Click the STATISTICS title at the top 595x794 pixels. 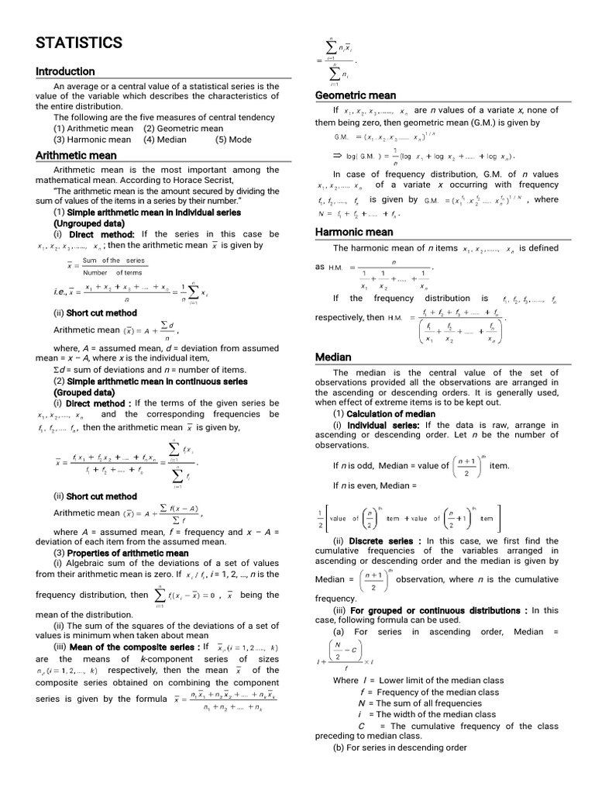79,42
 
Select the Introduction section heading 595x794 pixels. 65,71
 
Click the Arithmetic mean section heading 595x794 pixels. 76,155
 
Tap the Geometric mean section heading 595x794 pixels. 355,95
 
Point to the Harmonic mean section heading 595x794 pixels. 354,232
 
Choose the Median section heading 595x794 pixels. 333,357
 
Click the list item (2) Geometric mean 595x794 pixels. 183,129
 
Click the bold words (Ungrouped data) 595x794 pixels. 90,223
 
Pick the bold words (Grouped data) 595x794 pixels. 84,392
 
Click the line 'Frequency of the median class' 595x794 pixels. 430,692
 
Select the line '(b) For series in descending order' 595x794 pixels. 400,747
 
